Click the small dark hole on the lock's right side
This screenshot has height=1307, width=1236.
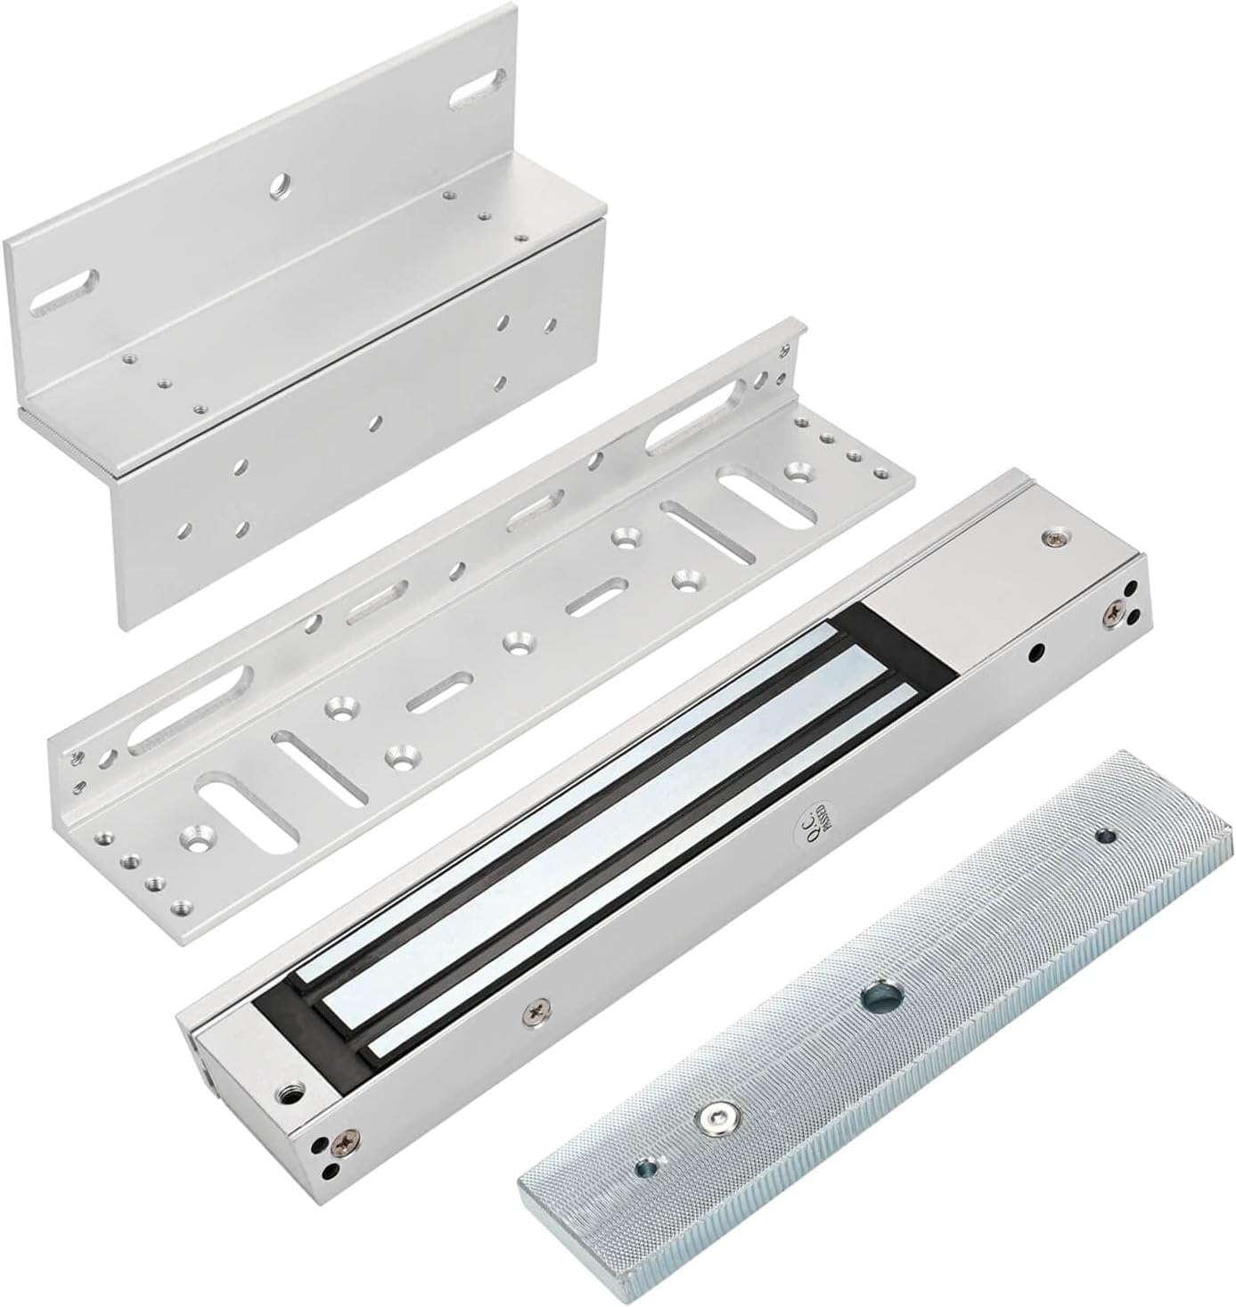coord(1035,651)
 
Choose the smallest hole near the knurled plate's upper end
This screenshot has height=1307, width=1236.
coord(1107,836)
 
